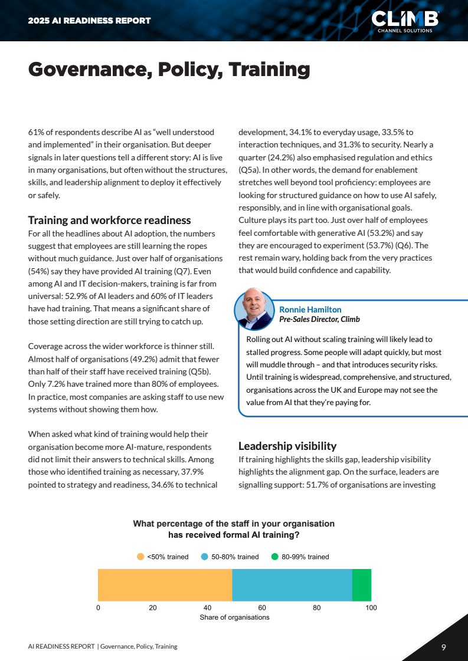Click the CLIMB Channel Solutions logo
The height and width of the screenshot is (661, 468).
coord(405,21)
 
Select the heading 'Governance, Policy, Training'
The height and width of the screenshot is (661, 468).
coord(169,69)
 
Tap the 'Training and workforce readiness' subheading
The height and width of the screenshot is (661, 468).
coord(109,220)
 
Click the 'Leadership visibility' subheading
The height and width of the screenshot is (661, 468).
coord(287,446)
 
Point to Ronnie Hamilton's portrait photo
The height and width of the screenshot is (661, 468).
coord(254,309)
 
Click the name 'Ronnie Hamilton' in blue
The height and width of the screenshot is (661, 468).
coord(310,310)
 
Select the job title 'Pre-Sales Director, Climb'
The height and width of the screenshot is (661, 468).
coord(319,319)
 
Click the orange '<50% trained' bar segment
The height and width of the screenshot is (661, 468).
coord(165,585)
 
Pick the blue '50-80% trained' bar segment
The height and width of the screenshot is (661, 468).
coord(292,585)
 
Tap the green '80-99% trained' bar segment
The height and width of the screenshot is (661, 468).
coord(362,585)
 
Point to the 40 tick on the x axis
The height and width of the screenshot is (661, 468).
coord(207,607)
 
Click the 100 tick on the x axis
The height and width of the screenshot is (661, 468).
coord(371,607)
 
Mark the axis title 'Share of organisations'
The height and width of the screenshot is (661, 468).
coord(234,617)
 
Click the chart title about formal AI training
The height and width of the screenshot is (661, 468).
coord(234,529)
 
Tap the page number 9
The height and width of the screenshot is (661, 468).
coord(443,647)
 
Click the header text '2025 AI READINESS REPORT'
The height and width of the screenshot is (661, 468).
coord(89,21)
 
